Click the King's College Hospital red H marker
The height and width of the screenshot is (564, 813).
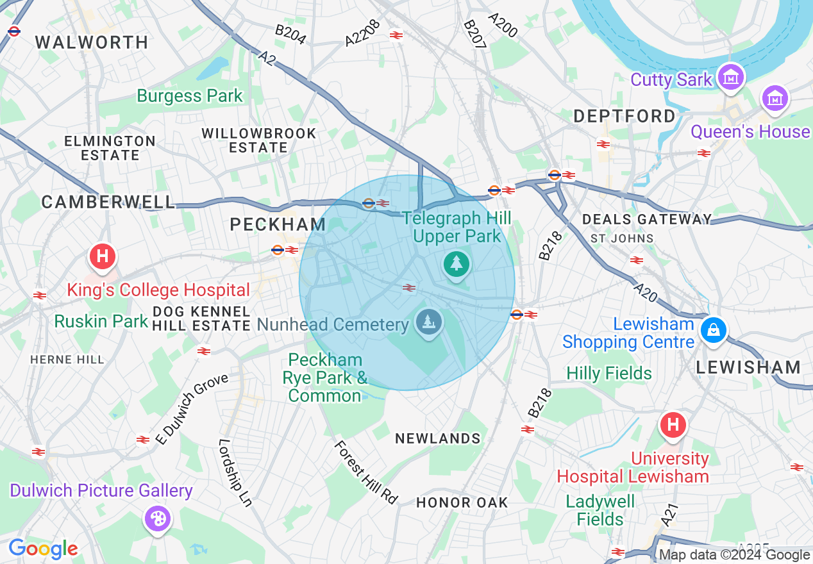(x=102, y=258)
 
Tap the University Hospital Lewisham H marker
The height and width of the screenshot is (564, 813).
(x=673, y=425)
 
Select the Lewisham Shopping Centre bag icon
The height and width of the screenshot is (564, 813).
(x=712, y=331)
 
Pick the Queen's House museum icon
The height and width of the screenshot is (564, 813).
(x=775, y=99)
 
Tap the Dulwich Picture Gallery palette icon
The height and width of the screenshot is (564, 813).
(x=157, y=518)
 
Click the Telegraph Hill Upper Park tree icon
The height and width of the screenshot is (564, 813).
(x=456, y=263)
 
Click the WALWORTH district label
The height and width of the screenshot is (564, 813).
(x=92, y=42)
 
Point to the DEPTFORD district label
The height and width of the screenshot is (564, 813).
(x=624, y=116)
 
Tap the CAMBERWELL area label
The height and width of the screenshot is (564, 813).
(x=108, y=202)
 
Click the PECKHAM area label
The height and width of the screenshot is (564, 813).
(x=278, y=224)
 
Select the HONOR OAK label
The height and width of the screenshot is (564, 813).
(x=462, y=502)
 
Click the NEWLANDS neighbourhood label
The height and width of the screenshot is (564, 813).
(x=438, y=438)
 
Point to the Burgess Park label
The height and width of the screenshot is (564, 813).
(x=190, y=96)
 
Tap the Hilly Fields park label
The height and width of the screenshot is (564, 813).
(x=608, y=373)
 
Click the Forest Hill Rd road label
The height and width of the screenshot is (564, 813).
(x=365, y=472)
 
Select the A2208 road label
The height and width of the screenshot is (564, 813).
(x=363, y=33)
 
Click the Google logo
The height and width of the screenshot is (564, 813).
(x=43, y=549)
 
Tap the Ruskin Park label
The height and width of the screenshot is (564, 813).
(x=101, y=320)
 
